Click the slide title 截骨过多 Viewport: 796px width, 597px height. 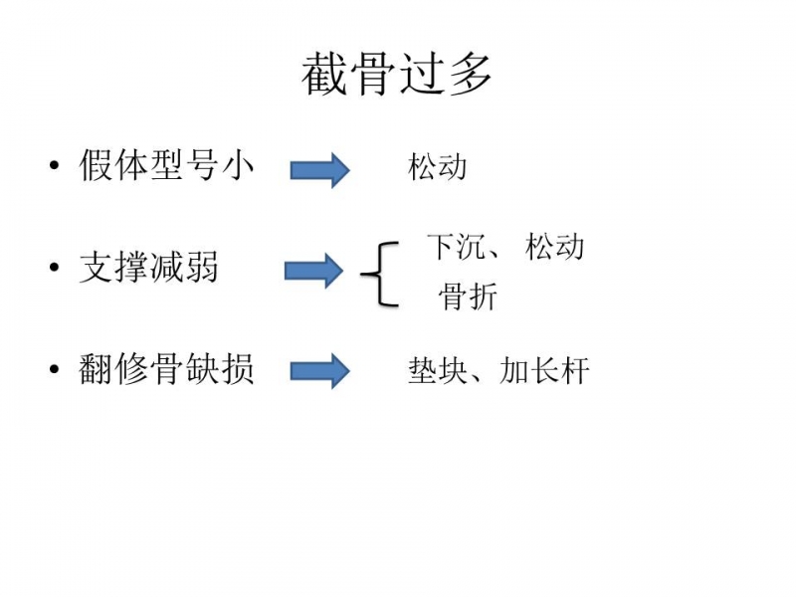397,76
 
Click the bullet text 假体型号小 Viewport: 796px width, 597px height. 166,166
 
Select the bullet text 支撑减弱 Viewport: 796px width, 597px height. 148,268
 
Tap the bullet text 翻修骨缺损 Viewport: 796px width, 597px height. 166,369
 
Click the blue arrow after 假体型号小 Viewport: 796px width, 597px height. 319,170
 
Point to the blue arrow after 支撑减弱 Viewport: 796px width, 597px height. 313,271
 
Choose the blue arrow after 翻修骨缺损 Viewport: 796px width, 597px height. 319,371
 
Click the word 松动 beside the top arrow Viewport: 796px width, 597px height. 437,166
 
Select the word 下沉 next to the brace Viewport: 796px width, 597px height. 456,246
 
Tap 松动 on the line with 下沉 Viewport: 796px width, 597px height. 554,246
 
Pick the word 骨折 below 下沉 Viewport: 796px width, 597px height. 467,297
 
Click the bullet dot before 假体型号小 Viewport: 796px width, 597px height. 54,166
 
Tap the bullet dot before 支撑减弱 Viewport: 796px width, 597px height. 54,268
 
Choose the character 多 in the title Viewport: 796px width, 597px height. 470,76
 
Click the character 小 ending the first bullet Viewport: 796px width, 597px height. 237,166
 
